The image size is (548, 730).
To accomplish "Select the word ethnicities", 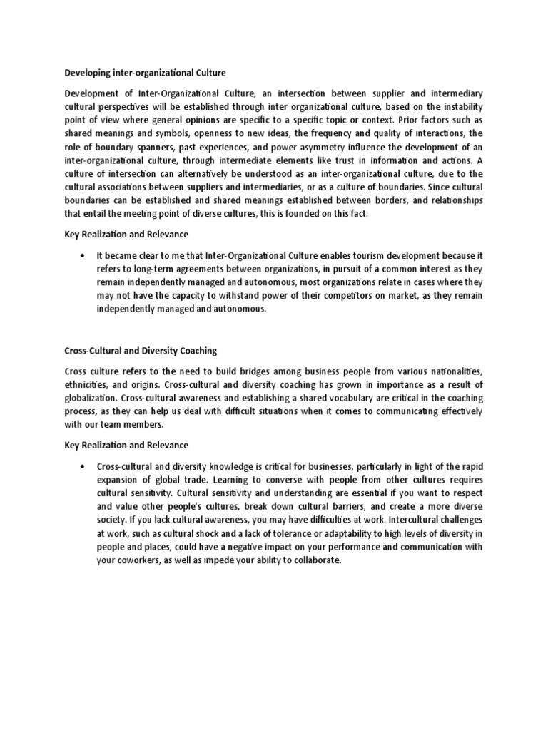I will (x=87, y=385).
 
